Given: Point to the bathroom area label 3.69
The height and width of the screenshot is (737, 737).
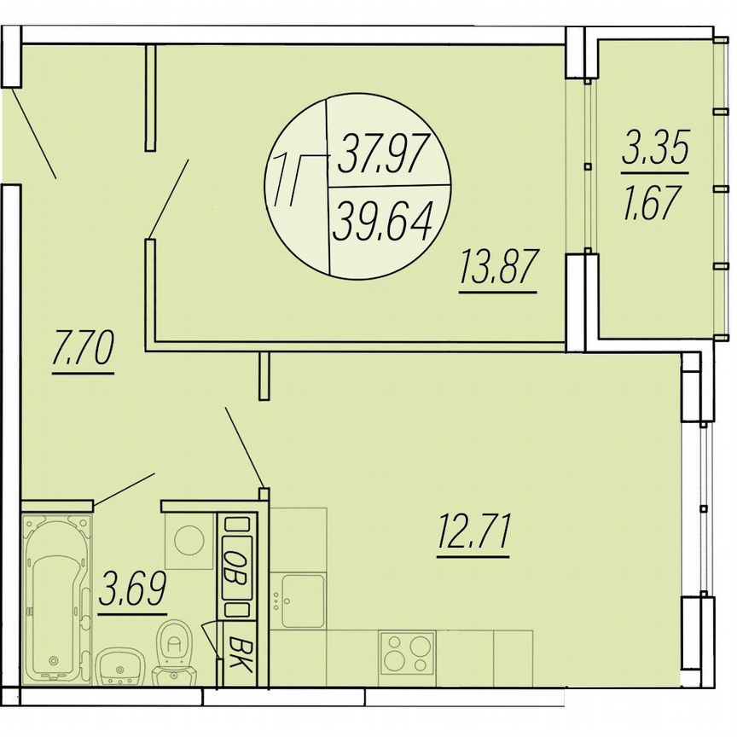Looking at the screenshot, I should [131, 589].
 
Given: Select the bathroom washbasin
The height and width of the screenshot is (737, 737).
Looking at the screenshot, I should [119, 666].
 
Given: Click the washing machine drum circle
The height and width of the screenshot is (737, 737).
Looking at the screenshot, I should [189, 541].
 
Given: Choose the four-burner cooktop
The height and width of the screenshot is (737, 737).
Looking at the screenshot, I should [407, 653].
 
